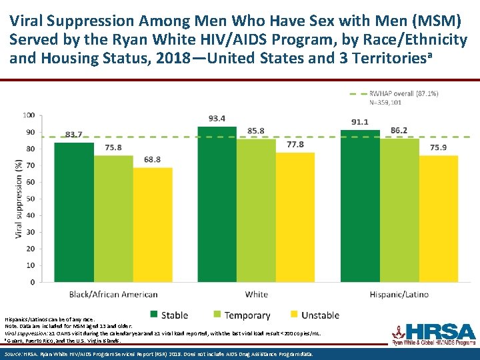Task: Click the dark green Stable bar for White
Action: (217, 204)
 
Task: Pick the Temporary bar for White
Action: (256, 210)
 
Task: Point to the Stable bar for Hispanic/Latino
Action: (359, 206)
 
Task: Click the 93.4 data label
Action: (217, 119)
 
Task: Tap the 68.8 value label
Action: (153, 159)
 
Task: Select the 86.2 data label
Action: (399, 131)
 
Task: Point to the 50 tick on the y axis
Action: (30, 199)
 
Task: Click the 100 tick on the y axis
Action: (28, 115)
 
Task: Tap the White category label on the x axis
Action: (256, 294)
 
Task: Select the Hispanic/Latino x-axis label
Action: (399, 294)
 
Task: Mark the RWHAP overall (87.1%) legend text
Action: (404, 93)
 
